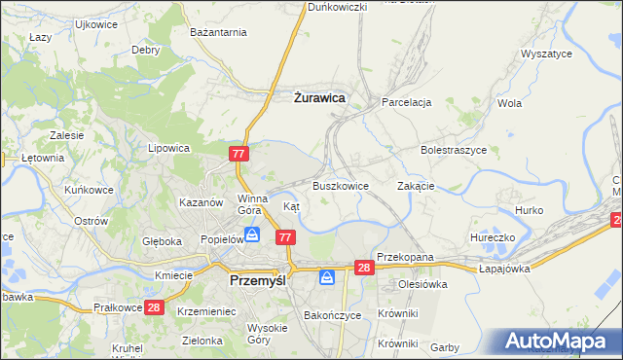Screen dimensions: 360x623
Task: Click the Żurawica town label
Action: click(x=319, y=97)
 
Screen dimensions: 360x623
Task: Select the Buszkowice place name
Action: click(x=340, y=185)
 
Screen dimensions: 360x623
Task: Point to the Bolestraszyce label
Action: click(x=453, y=151)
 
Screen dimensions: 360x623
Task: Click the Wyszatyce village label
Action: click(x=546, y=54)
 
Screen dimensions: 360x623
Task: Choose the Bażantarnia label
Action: click(x=219, y=33)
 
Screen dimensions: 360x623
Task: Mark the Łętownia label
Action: click(x=43, y=158)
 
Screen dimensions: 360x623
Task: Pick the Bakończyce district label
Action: click(x=333, y=315)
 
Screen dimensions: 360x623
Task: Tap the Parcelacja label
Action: click(x=407, y=102)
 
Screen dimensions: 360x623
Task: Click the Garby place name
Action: click(x=444, y=347)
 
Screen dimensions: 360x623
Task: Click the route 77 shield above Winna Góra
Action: click(x=240, y=154)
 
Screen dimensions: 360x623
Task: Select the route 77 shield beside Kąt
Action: click(x=285, y=237)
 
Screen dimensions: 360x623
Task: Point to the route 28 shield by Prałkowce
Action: click(x=154, y=307)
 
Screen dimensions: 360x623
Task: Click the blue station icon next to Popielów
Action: click(x=252, y=234)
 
